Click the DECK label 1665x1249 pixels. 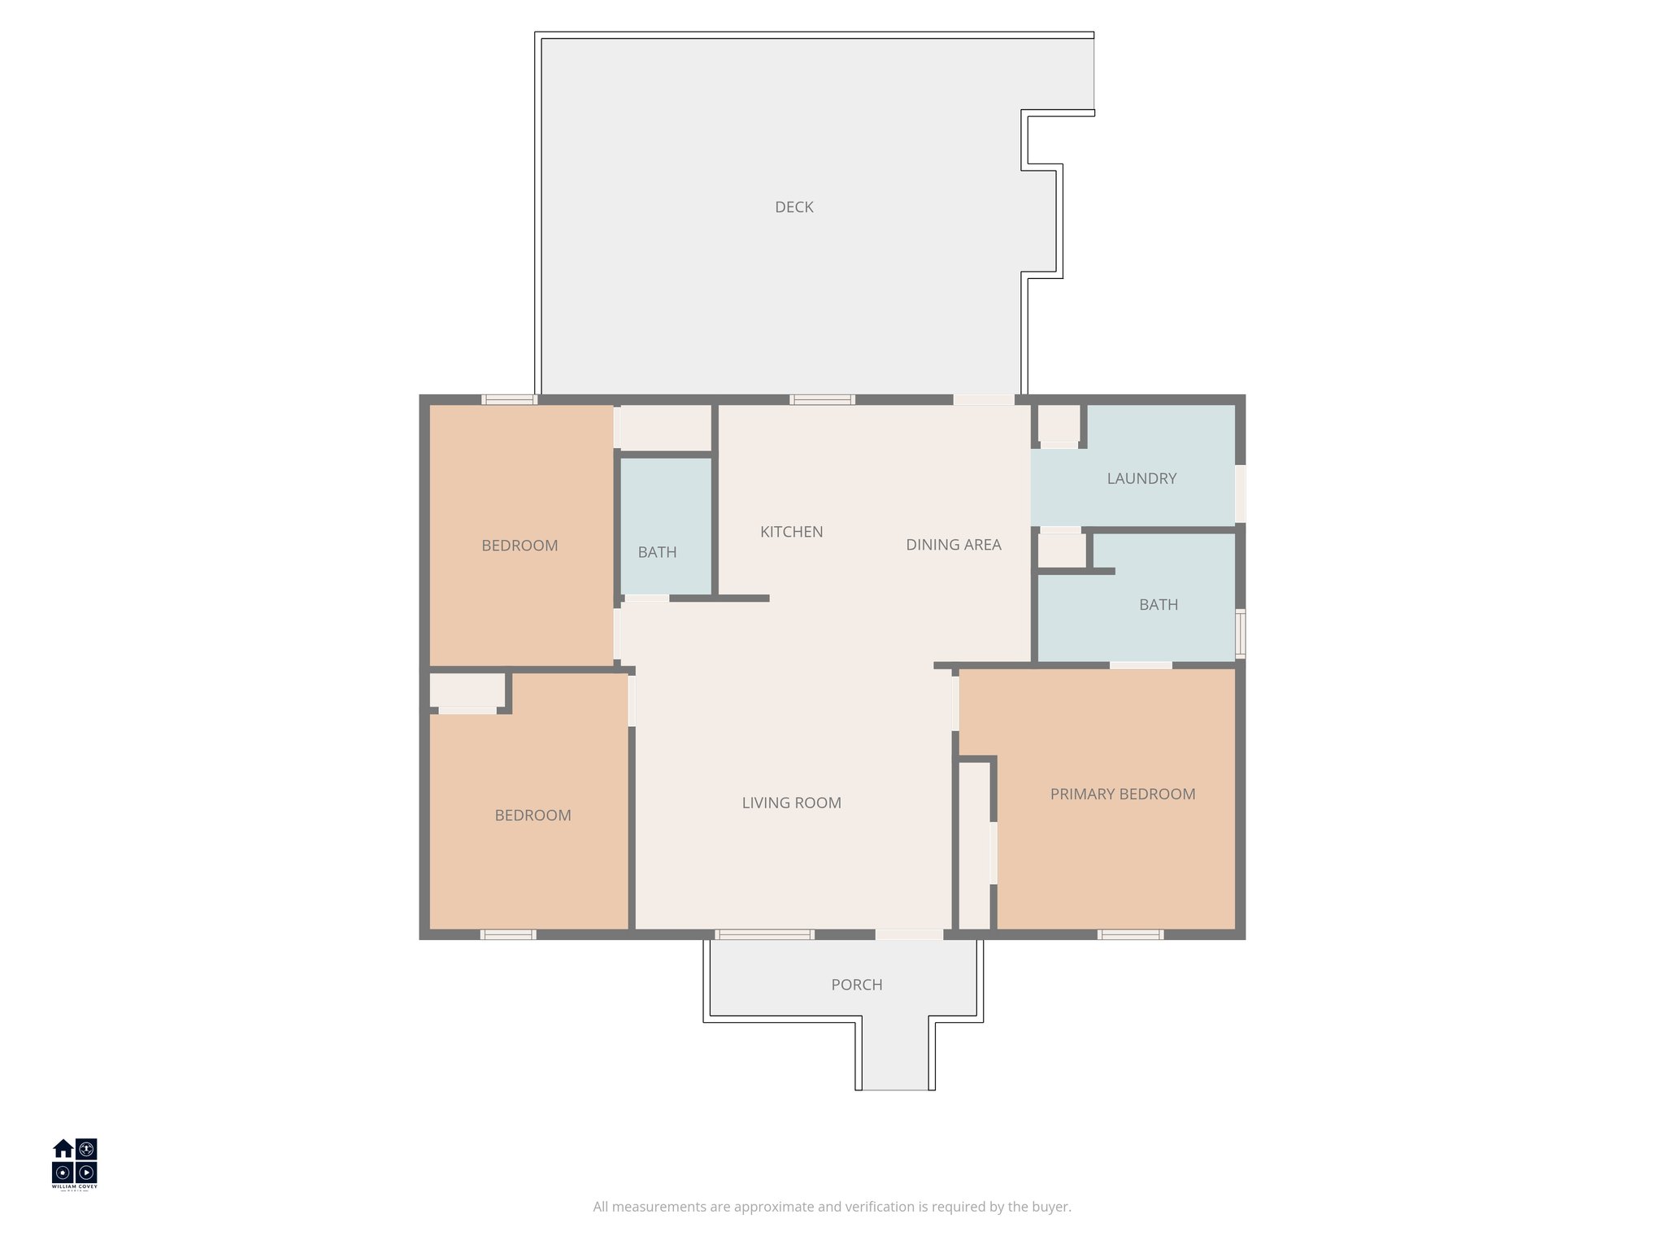pos(793,207)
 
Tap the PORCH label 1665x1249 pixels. pos(856,985)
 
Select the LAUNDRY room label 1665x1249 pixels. pos(1141,479)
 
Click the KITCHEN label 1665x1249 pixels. pos(791,532)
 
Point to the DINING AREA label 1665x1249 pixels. pos(953,545)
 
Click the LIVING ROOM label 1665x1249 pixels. pos(791,803)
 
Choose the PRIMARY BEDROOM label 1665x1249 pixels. pos(1122,794)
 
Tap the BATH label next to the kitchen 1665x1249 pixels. pos(657,553)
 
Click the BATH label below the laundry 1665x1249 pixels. pos(1158,605)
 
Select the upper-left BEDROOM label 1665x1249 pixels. pos(519,546)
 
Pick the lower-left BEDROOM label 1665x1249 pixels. pos(533,816)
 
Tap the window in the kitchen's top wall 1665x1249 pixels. pos(822,399)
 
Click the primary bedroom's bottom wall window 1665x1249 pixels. pos(1130,934)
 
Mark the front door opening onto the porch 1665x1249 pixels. pos(909,934)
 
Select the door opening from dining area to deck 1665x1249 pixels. pos(983,399)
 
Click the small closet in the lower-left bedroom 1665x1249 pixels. pos(467,690)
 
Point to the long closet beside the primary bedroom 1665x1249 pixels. pos(974,846)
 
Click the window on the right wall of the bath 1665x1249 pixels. pos(1240,633)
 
